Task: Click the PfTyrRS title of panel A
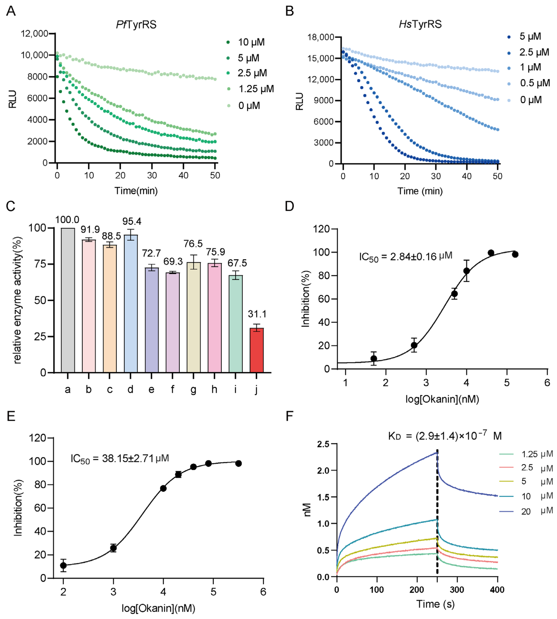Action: coord(136,25)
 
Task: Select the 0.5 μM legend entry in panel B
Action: coord(529,83)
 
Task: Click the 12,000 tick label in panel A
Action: coord(34,33)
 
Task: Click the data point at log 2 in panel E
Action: coord(63,565)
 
